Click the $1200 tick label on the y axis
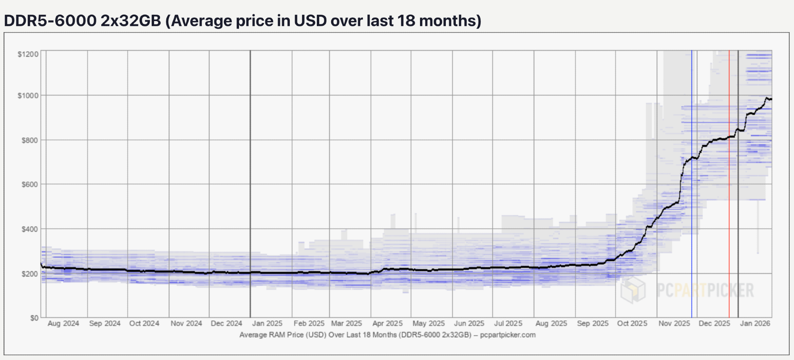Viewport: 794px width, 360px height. tap(28, 54)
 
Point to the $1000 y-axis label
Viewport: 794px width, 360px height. tap(28, 96)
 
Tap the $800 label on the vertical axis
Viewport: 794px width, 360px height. tap(30, 140)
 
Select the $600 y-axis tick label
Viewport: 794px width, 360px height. tap(30, 185)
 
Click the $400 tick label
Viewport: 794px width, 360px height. tap(30, 229)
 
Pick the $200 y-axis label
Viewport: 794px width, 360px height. tap(30, 274)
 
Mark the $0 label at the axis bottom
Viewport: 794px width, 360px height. tap(34, 318)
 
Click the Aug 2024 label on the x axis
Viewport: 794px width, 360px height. tap(63, 323)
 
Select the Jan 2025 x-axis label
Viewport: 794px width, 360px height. tap(267, 323)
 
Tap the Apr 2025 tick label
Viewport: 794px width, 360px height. tap(387, 323)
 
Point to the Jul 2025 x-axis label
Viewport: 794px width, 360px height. tap(508, 323)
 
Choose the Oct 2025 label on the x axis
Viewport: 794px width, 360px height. tap(632, 323)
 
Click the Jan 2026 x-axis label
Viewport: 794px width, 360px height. tap(755, 323)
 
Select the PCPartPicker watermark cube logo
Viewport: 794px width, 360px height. tap(633, 290)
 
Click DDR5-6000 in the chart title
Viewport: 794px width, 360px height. tap(50, 21)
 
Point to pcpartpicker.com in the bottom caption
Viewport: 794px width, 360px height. tap(508, 335)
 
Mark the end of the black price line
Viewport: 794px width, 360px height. tap(771, 99)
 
